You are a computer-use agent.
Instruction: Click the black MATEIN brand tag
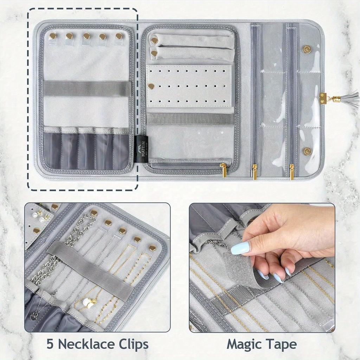pyautogui.click(x=140, y=148)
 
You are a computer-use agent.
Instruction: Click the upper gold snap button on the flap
pyautogui.click(x=307, y=49)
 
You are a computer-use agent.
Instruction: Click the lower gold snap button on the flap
pyautogui.click(x=307, y=151)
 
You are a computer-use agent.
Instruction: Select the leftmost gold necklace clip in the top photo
pyautogui.click(x=53, y=36)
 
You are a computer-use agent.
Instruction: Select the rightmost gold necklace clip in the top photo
pyautogui.click(x=119, y=36)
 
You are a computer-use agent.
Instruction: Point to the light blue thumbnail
pyautogui.click(x=240, y=248)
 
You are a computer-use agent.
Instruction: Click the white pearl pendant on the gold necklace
pyautogui.click(x=90, y=303)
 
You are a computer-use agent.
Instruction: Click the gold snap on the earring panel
pyautogui.click(x=151, y=86)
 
